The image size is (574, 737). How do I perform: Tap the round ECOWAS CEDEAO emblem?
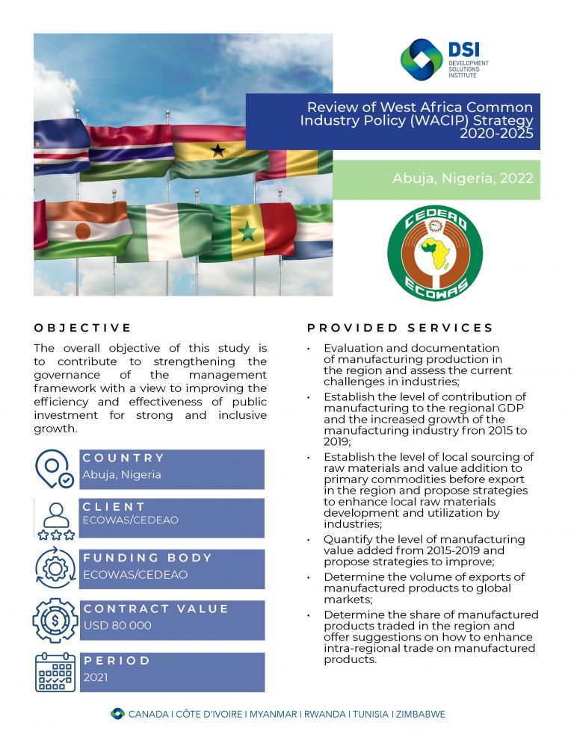click(435, 253)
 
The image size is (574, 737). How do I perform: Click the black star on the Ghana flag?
click(217, 151)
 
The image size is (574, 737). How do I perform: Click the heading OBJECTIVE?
click(82, 328)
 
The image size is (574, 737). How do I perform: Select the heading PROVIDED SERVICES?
click(400, 328)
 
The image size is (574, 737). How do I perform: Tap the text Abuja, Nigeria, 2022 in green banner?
click(463, 178)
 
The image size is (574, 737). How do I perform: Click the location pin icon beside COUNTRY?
click(55, 469)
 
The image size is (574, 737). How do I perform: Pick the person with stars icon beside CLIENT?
click(55, 520)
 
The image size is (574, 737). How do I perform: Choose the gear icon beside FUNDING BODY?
click(55, 569)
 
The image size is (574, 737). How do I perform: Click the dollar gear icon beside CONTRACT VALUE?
click(55, 620)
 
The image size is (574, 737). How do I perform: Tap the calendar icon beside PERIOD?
click(55, 671)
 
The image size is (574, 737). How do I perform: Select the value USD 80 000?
click(117, 626)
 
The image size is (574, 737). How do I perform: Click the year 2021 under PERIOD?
click(96, 677)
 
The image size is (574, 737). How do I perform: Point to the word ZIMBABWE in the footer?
click(421, 714)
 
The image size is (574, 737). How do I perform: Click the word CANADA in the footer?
click(149, 714)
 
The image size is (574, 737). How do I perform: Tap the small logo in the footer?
click(117, 714)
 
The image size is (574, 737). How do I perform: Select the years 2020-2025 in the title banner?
click(496, 134)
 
